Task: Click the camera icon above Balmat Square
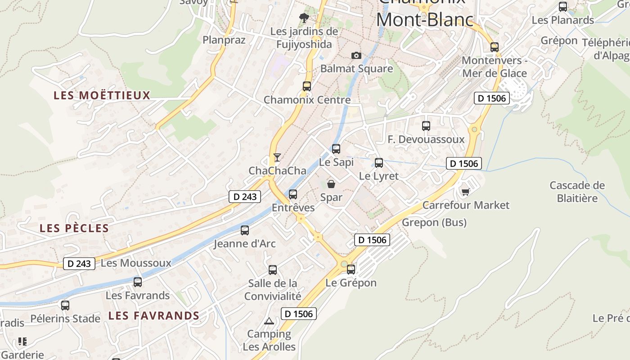click(356, 55)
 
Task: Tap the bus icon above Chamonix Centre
click(307, 86)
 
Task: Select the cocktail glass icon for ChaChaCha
click(277, 157)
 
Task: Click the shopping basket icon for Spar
click(331, 184)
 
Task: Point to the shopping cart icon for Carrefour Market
click(466, 192)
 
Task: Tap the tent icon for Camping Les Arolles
click(269, 321)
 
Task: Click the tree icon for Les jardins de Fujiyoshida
click(304, 18)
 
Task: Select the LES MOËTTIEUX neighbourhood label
click(102, 95)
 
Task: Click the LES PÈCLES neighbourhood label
click(74, 228)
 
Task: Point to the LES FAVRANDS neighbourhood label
click(154, 315)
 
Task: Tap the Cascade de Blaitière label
click(577, 192)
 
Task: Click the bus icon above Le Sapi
click(336, 148)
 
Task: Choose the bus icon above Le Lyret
click(379, 162)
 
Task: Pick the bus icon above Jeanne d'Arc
click(245, 230)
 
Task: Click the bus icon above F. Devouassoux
click(426, 126)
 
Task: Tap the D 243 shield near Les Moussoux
click(79, 264)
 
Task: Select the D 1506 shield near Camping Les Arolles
click(299, 314)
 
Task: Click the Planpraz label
click(224, 40)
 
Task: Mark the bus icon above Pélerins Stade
click(65, 306)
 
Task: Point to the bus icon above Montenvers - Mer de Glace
click(495, 47)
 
